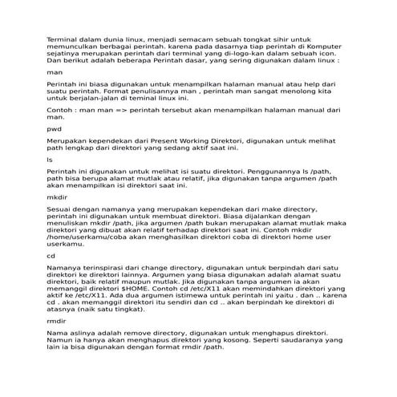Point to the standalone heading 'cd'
51,256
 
